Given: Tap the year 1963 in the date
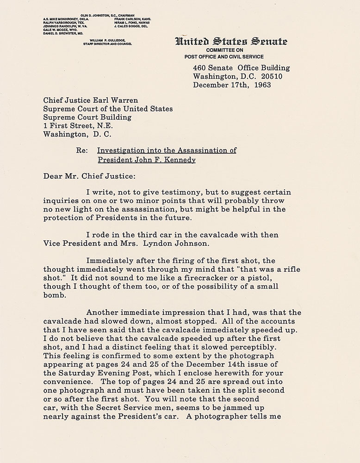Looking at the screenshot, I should (261, 85).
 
